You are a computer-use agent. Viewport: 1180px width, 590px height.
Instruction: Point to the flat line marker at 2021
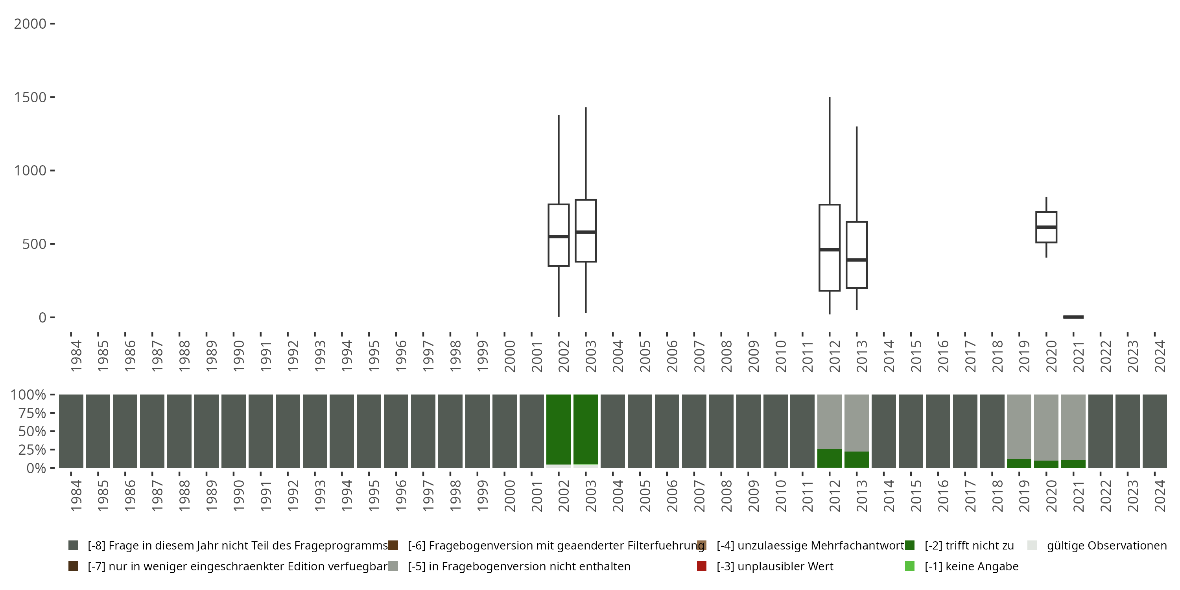pos(1073,317)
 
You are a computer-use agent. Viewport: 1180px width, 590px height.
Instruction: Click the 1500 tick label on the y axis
pos(30,97)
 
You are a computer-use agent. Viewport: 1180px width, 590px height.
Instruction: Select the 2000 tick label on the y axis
pos(30,24)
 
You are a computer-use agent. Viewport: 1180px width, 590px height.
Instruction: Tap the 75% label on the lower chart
pos(28,413)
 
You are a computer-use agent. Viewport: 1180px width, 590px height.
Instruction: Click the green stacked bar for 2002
pos(559,429)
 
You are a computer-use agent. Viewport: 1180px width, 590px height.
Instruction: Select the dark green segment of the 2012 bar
pos(829,458)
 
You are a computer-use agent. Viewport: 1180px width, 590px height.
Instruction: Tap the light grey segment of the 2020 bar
pos(1046,426)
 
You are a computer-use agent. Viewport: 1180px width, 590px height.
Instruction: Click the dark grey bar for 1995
pos(369,431)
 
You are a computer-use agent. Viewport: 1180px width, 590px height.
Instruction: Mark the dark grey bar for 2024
pos(1154,431)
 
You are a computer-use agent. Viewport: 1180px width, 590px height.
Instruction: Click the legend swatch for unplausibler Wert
pos(701,566)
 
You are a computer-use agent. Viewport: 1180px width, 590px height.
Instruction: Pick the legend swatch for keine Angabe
pos(909,566)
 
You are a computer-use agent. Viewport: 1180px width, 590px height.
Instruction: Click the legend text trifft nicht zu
pos(969,546)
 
